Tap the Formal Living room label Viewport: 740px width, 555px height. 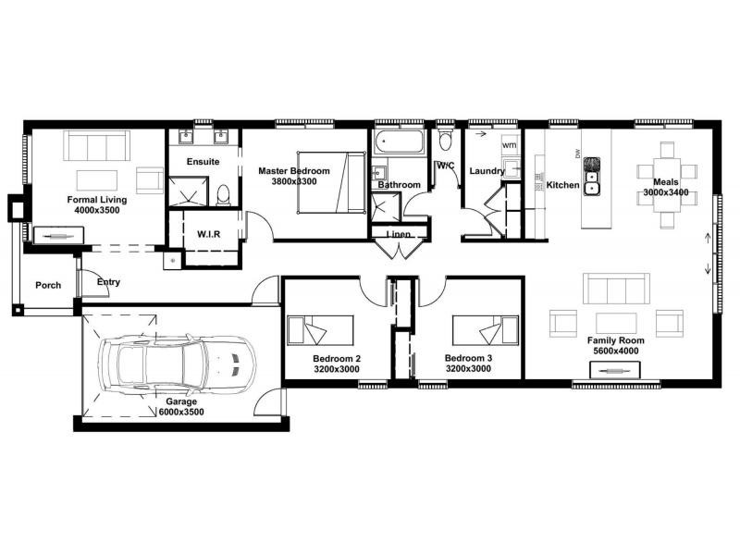point(97,199)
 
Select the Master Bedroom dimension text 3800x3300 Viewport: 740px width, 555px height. point(294,182)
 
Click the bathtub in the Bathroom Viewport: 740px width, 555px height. point(399,144)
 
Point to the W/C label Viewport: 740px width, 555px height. point(446,166)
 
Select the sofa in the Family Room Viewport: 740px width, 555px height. point(616,290)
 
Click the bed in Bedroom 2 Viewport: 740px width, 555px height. point(319,330)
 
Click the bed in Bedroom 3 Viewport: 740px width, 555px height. point(485,330)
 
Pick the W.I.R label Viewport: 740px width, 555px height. point(208,234)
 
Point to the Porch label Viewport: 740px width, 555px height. point(48,285)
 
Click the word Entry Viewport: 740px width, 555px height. point(108,282)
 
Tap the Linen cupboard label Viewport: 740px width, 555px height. point(399,235)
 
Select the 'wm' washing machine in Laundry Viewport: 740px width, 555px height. point(509,146)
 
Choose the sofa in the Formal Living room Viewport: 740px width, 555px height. point(97,146)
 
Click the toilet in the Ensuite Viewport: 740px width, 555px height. point(223,195)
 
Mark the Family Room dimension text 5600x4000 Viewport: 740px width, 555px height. point(615,351)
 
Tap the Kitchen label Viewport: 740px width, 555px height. point(562,185)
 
